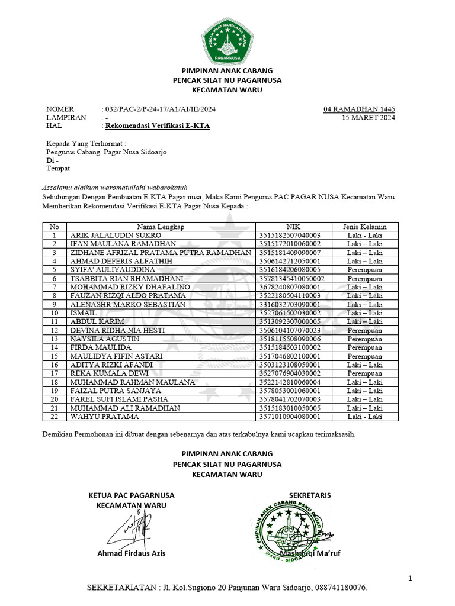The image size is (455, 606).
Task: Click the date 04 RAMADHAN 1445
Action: (x=359, y=109)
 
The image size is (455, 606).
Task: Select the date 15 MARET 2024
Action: (x=369, y=118)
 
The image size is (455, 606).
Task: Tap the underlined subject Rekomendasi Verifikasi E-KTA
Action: (x=157, y=126)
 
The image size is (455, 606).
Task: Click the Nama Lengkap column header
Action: (x=161, y=227)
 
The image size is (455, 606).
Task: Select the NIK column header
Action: (x=293, y=227)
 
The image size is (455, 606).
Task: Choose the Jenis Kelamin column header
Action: (x=364, y=227)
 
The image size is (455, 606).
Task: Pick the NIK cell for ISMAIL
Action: (x=290, y=312)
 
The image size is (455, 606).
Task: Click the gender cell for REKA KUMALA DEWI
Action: (x=364, y=373)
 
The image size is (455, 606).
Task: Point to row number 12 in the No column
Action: (x=55, y=330)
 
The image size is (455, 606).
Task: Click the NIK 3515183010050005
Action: (x=290, y=408)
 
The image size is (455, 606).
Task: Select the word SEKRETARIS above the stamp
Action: (x=310, y=495)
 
